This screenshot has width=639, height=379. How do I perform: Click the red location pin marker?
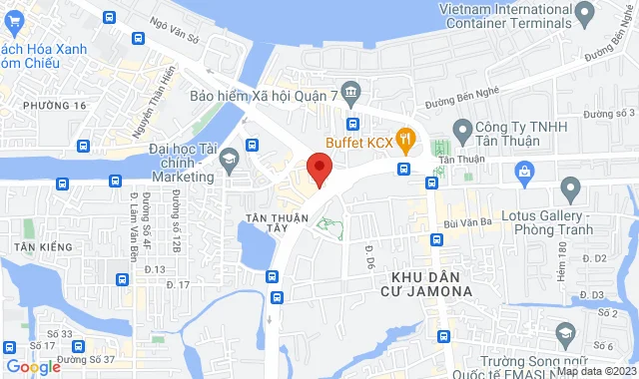[x=319, y=168]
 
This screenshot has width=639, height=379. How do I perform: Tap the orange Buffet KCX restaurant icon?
[x=405, y=139]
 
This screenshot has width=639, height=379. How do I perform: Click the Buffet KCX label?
[x=360, y=141]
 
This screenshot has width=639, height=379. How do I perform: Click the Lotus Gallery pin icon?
[x=570, y=187]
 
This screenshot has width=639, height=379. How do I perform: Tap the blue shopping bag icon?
[x=523, y=171]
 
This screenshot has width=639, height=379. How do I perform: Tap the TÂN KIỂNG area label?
[x=37, y=245]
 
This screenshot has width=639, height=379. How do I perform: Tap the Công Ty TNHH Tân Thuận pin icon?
[x=462, y=130]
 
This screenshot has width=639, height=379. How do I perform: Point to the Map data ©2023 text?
[x=596, y=371]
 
